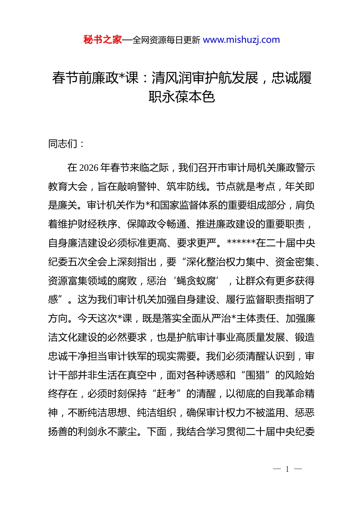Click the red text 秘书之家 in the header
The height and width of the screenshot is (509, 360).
point(103,40)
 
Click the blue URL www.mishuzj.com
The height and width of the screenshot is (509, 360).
point(241,40)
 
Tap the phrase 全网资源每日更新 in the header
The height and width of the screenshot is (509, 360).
point(166,40)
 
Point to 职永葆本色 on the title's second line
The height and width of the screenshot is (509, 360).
point(182,97)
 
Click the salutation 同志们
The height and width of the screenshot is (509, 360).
point(63,144)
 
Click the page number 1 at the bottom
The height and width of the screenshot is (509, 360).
point(287,469)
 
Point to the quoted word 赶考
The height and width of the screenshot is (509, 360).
point(167,394)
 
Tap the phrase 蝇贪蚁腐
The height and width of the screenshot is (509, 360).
point(196,281)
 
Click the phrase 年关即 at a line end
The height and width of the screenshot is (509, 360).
point(300,187)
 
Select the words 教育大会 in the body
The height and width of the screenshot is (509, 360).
point(68,187)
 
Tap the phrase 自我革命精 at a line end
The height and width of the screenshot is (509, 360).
point(290,394)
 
